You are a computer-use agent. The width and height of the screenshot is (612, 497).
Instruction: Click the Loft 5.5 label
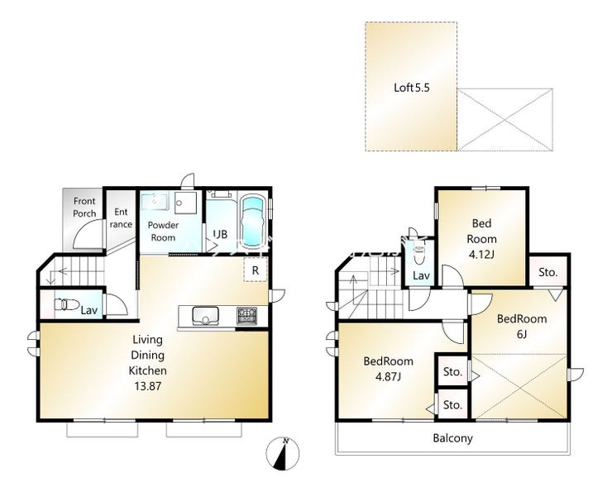(x=411, y=88)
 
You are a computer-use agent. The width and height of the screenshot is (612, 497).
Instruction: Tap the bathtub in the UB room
(x=252, y=222)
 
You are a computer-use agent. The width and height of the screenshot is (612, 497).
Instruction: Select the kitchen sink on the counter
(x=205, y=316)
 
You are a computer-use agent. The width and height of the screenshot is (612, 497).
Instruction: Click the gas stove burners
(x=246, y=316)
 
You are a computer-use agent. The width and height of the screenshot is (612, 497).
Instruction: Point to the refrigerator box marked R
(x=256, y=270)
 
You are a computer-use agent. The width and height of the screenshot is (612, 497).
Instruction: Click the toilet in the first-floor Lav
(x=67, y=304)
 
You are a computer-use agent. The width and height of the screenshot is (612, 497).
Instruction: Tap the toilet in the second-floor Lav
(x=418, y=254)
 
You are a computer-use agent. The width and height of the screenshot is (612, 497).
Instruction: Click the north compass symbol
(x=282, y=454)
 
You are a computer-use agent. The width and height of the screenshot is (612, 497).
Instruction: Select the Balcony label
(x=452, y=438)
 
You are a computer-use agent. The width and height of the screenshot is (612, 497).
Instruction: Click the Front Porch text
(x=84, y=208)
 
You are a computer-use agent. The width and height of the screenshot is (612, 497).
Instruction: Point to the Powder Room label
(x=163, y=231)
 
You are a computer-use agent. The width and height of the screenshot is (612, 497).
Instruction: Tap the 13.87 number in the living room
(x=148, y=386)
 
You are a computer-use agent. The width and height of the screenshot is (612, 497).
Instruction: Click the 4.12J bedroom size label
(x=481, y=255)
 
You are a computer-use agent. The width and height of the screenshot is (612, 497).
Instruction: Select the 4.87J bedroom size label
(x=388, y=376)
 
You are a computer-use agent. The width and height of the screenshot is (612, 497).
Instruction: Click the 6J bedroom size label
(x=522, y=335)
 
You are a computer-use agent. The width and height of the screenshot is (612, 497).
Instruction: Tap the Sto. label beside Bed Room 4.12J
(x=547, y=272)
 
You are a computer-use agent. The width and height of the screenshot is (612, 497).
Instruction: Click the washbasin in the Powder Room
(x=155, y=201)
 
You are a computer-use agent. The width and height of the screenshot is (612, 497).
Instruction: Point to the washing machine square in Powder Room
(x=185, y=203)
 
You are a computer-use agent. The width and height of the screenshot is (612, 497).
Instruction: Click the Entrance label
(x=121, y=217)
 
